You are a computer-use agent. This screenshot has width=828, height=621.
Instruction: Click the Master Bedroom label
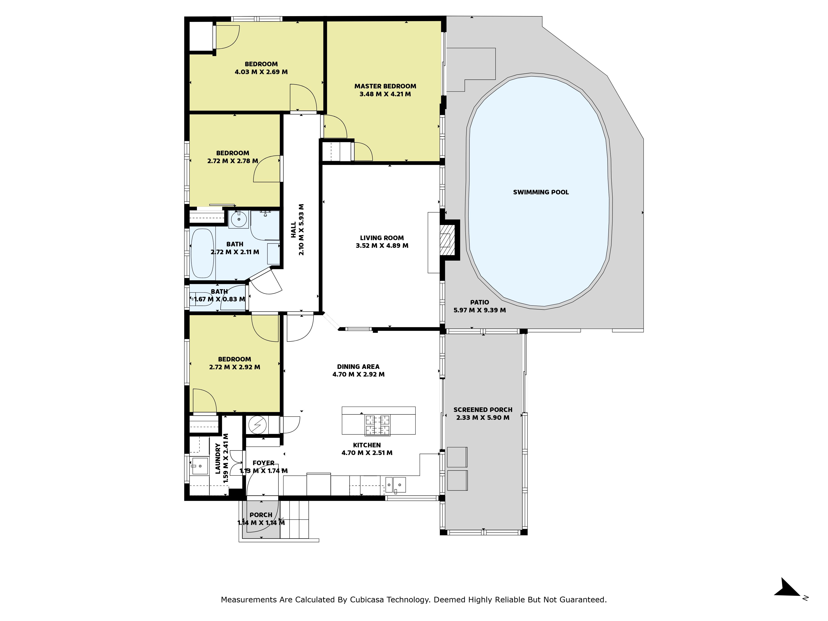tap(385, 86)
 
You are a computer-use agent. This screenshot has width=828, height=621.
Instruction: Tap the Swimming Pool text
tap(541, 192)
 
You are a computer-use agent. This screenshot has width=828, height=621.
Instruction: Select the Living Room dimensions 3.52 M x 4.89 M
tap(382, 246)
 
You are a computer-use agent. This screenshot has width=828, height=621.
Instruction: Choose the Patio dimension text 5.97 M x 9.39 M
tap(479, 310)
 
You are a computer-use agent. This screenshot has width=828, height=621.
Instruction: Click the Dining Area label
tap(358, 366)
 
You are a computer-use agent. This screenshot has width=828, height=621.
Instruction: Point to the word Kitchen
tap(367, 445)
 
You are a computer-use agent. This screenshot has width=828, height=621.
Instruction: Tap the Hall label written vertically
tap(294, 230)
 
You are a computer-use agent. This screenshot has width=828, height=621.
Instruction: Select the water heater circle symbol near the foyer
tap(258, 425)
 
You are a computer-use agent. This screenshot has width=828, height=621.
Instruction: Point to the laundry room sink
tap(200, 466)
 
